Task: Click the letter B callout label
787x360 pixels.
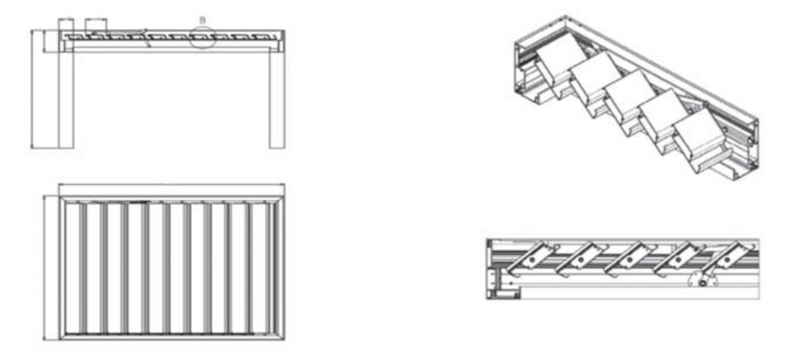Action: (x=203, y=21)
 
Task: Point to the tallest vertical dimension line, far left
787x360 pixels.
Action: (x=32, y=89)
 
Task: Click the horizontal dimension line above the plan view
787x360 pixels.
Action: (x=172, y=184)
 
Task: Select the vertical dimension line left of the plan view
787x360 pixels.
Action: (x=44, y=268)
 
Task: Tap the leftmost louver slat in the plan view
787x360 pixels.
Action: (x=83, y=267)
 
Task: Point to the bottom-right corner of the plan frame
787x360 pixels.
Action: (x=284, y=339)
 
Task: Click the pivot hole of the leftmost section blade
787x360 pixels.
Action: (x=532, y=260)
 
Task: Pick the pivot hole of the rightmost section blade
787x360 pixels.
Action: (x=728, y=260)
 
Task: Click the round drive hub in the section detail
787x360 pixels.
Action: (x=703, y=283)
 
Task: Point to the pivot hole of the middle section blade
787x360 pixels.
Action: (x=629, y=260)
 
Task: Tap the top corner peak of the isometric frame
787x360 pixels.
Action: (x=565, y=16)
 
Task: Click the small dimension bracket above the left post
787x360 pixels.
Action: (x=66, y=19)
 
